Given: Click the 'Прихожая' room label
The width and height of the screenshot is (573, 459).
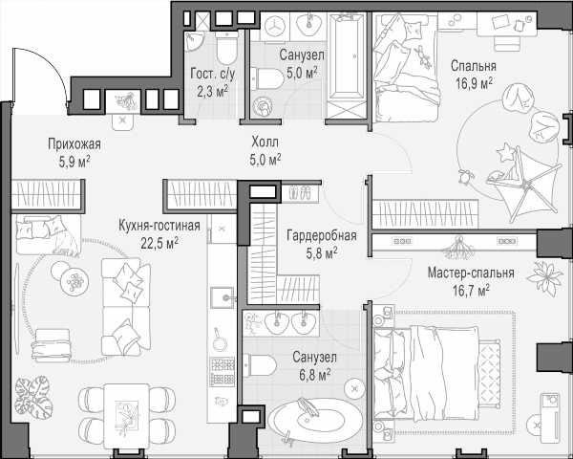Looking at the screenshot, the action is [74, 144].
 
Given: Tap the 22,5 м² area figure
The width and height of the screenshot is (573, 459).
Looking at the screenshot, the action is [159, 243].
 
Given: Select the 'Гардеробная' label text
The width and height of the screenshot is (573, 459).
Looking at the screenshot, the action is [322, 236].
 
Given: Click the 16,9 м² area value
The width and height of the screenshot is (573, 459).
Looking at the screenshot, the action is [474, 83].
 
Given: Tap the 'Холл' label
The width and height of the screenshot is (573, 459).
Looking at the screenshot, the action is [265, 142].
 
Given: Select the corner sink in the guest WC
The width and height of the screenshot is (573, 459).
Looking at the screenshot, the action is [194, 42].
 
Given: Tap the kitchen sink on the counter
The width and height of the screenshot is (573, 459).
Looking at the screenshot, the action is [223, 297].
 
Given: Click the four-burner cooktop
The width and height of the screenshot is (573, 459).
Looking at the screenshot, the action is [222, 372].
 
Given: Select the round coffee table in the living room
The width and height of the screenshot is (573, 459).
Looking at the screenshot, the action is [74, 281].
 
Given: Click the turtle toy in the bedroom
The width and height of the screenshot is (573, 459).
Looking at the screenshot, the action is [466, 176].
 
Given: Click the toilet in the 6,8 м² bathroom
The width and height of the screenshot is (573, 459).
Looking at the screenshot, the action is [259, 364].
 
